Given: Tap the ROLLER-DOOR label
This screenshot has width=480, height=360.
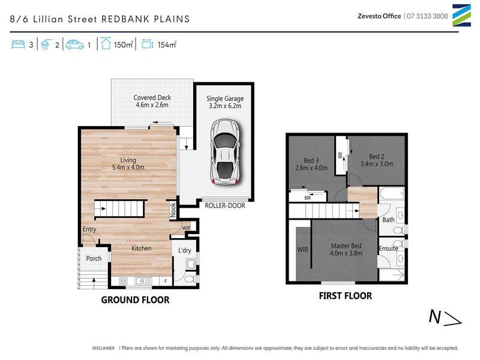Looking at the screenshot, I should [x=226, y=205].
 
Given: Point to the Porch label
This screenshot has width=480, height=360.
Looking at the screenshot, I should [x=93, y=259].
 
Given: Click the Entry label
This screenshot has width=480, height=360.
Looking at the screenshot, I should [x=89, y=229].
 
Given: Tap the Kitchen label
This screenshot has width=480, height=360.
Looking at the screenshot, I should [x=142, y=248].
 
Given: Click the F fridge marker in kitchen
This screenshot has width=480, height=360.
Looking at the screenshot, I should [x=165, y=280].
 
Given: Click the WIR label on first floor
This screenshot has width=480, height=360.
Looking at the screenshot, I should [x=302, y=249].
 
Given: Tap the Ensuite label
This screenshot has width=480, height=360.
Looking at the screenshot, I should [x=388, y=248].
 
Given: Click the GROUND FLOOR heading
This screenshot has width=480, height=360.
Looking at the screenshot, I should [x=135, y=300].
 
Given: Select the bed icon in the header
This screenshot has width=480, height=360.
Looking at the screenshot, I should [x=18, y=44].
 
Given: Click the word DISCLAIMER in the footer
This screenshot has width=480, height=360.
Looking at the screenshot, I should [x=103, y=347].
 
